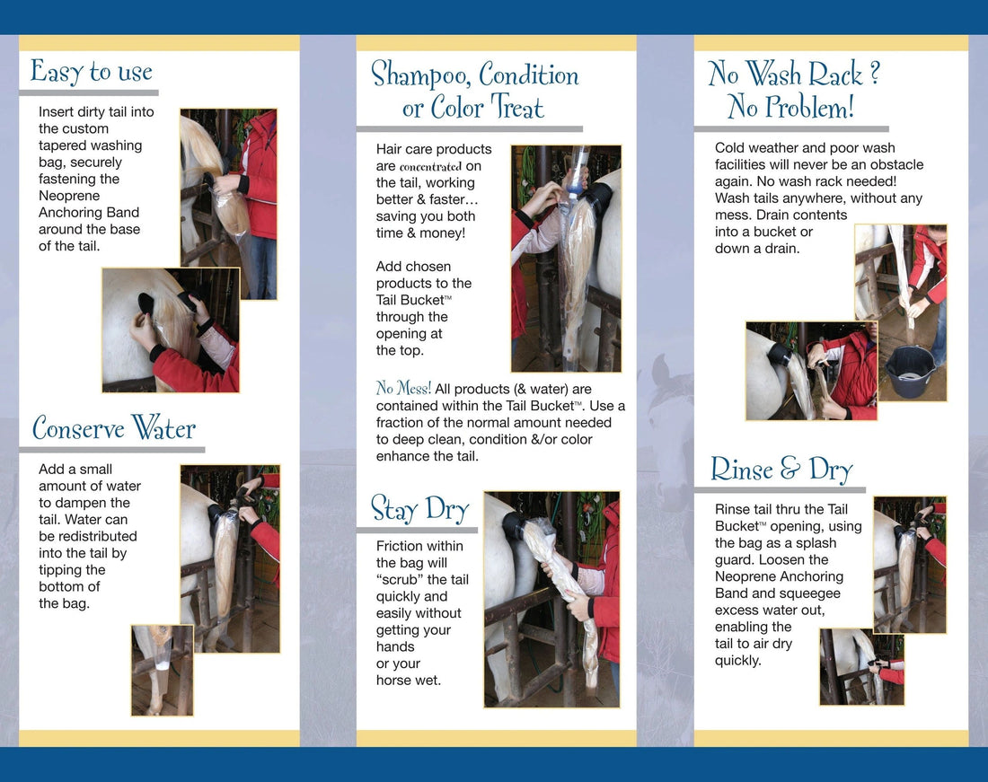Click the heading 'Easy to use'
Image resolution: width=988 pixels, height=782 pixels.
pyautogui.click(x=91, y=72)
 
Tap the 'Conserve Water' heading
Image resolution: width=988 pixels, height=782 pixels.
pyautogui.click(x=113, y=428)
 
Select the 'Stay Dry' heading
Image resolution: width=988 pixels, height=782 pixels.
pyautogui.click(x=419, y=509)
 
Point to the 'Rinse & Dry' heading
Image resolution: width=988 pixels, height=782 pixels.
pyautogui.click(x=781, y=470)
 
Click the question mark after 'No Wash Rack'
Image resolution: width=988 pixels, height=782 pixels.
pyautogui.click(x=875, y=74)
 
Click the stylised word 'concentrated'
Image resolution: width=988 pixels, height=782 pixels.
pyautogui.click(x=430, y=167)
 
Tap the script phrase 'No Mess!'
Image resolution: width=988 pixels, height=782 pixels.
pyautogui.click(x=403, y=389)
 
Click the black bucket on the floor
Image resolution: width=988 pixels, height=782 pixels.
pyautogui.click(x=911, y=370)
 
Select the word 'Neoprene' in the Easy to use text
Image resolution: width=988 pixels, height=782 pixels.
pyautogui.click(x=69, y=196)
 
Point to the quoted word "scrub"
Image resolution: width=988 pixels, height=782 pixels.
pyautogui.click(x=410, y=580)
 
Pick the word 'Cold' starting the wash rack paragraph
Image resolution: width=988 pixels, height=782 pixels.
pyautogui.click(x=731, y=148)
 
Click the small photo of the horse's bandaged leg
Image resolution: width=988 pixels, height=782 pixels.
pyautogui.click(x=162, y=670)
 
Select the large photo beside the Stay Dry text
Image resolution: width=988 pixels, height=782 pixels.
pyautogui.click(x=551, y=599)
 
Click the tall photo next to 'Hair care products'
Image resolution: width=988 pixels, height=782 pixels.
pyautogui.click(x=566, y=259)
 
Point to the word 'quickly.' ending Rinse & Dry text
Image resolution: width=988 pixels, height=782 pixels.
pyautogui.click(x=738, y=661)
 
